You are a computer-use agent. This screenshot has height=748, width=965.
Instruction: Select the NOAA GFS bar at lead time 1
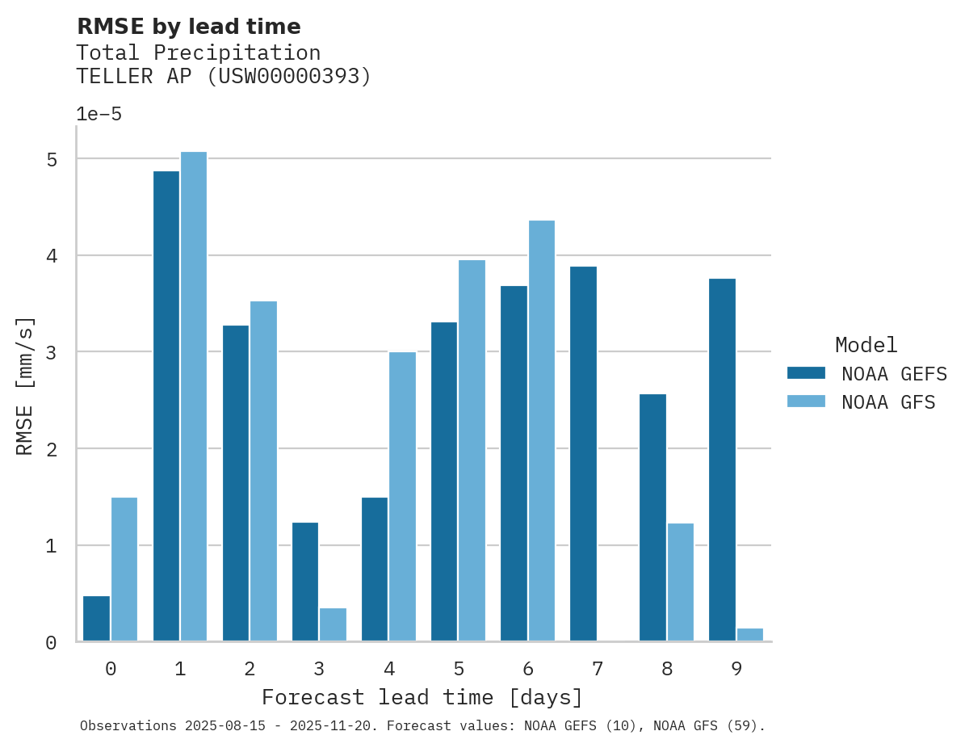(194, 397)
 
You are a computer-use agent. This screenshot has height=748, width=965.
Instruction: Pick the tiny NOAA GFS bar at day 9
(750, 635)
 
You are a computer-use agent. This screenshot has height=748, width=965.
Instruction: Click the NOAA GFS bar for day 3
(333, 625)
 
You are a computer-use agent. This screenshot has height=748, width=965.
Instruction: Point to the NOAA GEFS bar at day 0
(96, 619)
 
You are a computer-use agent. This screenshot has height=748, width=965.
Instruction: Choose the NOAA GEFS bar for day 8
(652, 518)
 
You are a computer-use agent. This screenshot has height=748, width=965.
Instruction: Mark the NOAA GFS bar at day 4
(402, 497)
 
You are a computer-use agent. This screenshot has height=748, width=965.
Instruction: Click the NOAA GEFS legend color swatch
(806, 373)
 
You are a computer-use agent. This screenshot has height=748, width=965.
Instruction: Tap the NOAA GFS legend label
(888, 402)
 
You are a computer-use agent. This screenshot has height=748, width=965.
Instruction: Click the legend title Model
(866, 346)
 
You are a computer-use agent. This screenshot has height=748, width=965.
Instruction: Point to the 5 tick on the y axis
(52, 160)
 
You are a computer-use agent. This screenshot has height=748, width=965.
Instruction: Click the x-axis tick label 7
(597, 669)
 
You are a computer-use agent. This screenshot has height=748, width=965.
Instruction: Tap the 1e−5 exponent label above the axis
(99, 115)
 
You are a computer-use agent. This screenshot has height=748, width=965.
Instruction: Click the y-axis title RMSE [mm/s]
(26, 386)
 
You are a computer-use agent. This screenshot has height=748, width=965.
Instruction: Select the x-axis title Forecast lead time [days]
(422, 697)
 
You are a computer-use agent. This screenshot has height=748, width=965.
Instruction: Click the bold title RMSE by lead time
(188, 27)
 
